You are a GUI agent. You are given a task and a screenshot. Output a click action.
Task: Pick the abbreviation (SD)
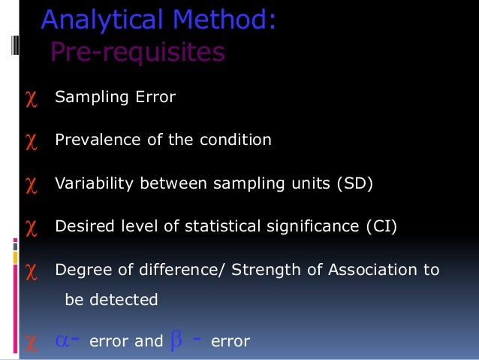tap(353, 183)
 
